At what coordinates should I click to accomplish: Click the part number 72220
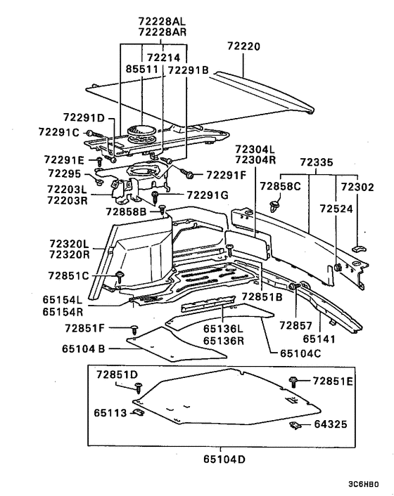tap(243, 46)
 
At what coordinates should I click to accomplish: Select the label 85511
tap(141, 69)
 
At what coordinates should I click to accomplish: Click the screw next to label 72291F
tap(186, 173)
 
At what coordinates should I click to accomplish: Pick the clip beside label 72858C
tap(274, 205)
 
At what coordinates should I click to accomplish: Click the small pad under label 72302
tap(359, 248)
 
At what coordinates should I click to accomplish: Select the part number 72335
tap(317, 162)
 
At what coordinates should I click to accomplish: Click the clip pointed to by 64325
tap(295, 426)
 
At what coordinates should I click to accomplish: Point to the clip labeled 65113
tap(138, 412)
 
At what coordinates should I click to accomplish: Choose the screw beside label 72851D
tap(139, 388)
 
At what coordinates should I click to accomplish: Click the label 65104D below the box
tap(224, 459)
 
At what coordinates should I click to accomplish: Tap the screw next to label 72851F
tap(134, 329)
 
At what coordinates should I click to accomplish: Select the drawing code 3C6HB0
tap(363, 484)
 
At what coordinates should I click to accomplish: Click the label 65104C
tap(300, 353)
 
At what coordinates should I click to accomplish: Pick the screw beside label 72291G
tap(155, 197)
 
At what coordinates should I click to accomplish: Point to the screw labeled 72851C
tap(120, 277)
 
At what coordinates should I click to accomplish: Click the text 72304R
tap(255, 159)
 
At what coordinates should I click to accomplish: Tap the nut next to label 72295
tap(99, 182)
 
